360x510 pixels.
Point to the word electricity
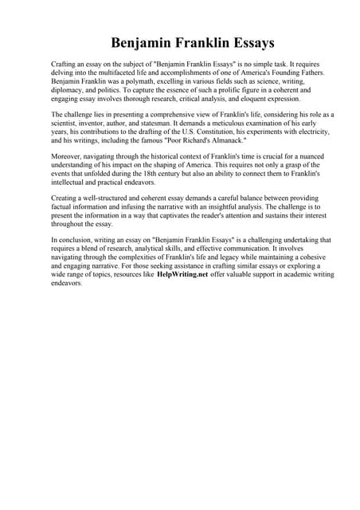click(x=312, y=134)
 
